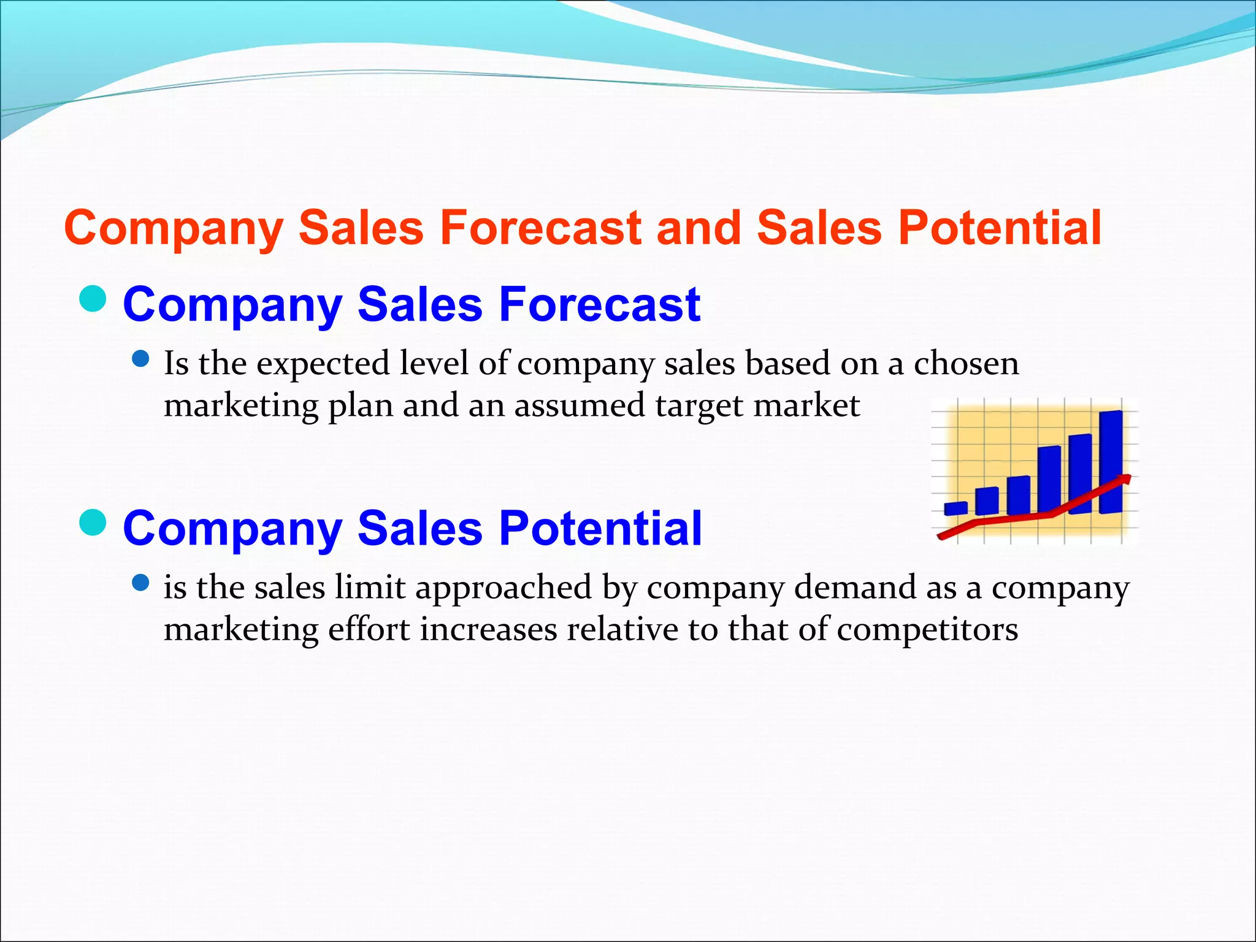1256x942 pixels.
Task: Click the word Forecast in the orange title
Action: (542, 228)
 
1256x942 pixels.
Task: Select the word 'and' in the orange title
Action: (699, 228)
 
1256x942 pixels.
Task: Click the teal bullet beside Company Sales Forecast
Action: (93, 299)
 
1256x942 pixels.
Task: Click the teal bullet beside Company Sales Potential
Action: (93, 522)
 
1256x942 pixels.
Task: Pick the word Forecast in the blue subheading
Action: (599, 304)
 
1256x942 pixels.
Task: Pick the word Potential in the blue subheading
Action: (600, 528)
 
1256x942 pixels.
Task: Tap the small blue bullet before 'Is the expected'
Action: (141, 359)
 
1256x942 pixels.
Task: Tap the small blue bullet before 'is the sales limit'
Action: (141, 583)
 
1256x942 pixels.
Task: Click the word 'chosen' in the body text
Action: (966, 363)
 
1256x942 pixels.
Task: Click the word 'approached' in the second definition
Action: (503, 588)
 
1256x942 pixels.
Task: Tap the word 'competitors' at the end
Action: (927, 630)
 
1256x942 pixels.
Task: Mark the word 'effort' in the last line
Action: (369, 629)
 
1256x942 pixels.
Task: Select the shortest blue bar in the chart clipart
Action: (955, 508)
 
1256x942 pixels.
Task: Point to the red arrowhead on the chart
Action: (1125, 479)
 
